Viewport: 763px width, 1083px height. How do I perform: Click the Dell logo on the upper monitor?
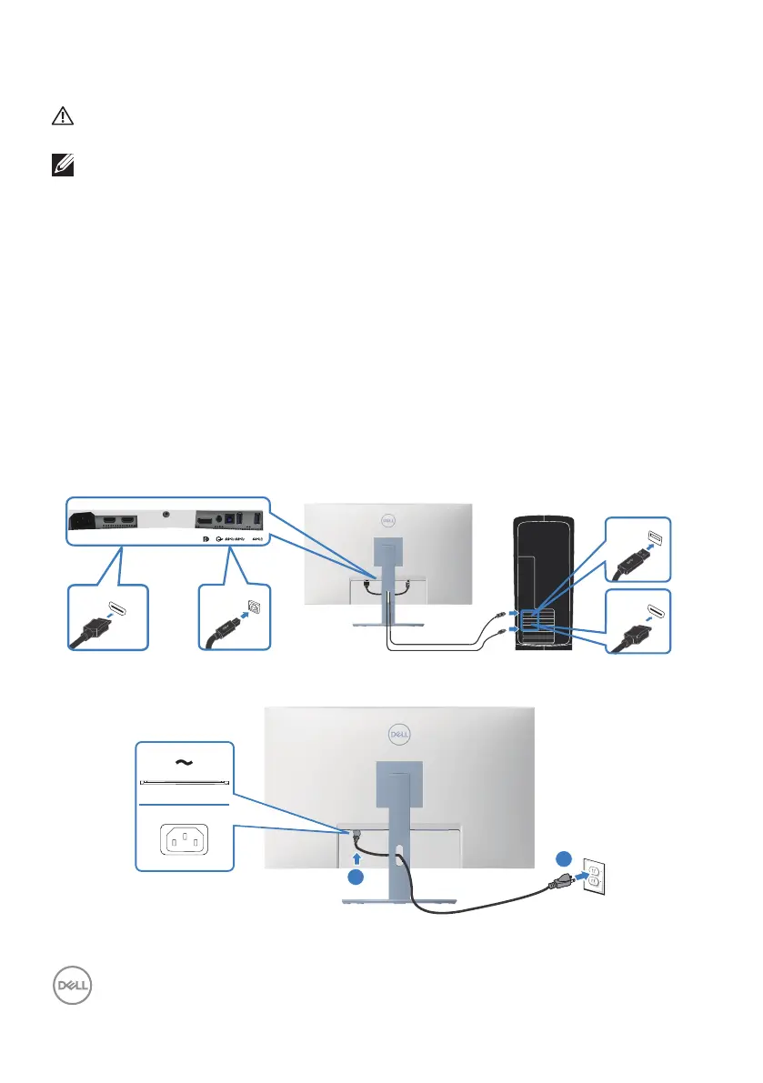tap(387, 521)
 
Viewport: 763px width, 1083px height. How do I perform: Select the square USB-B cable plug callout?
tap(235, 616)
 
